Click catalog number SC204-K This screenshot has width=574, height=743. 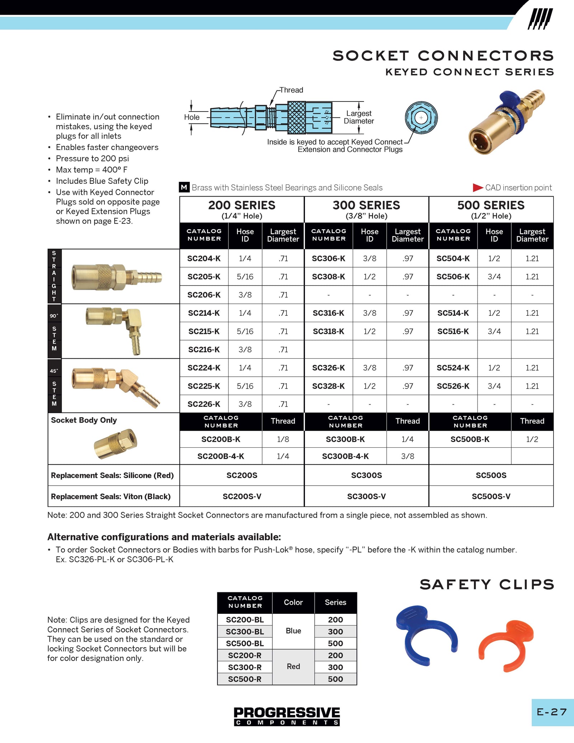(204, 258)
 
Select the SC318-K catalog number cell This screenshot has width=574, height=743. (328, 331)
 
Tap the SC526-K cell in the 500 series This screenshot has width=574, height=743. (453, 386)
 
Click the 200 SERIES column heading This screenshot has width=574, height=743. (241, 206)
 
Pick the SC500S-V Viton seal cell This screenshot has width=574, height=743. (491, 497)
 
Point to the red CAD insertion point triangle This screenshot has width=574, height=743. (477, 188)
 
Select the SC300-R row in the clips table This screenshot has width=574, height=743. (245, 667)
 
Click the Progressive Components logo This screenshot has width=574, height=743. (287, 716)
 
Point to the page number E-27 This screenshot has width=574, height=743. (552, 712)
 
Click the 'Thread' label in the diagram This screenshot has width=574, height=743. (291, 90)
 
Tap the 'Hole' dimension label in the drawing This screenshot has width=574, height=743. (192, 117)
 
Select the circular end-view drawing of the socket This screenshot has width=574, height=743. (421, 118)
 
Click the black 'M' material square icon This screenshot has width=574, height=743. (184, 187)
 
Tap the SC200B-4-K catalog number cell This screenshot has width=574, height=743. (221, 456)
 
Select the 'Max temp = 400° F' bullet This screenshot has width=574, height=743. (91, 170)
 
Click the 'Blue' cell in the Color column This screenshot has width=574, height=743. (293, 631)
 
